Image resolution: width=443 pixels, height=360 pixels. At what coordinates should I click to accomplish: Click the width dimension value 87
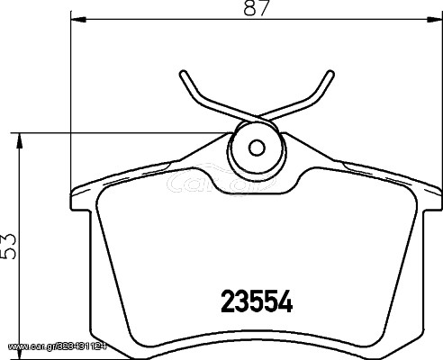tap(256, 7)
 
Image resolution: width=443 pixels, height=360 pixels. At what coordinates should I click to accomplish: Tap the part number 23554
tap(257, 301)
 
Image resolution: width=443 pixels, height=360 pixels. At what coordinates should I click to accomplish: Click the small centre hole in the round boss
tap(257, 148)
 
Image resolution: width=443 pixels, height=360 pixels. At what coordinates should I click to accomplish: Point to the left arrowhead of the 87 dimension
tap(78, 20)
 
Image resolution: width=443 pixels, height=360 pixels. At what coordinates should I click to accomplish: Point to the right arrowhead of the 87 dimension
tap(433, 20)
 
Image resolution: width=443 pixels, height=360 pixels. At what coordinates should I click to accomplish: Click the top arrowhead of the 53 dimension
tap(19, 140)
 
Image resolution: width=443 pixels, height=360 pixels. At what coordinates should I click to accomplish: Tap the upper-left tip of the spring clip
tap(183, 73)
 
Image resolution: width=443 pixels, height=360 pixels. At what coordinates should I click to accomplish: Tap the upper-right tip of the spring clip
tap(330, 73)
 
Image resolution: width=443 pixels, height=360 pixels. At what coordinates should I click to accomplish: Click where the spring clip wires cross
tap(257, 117)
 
